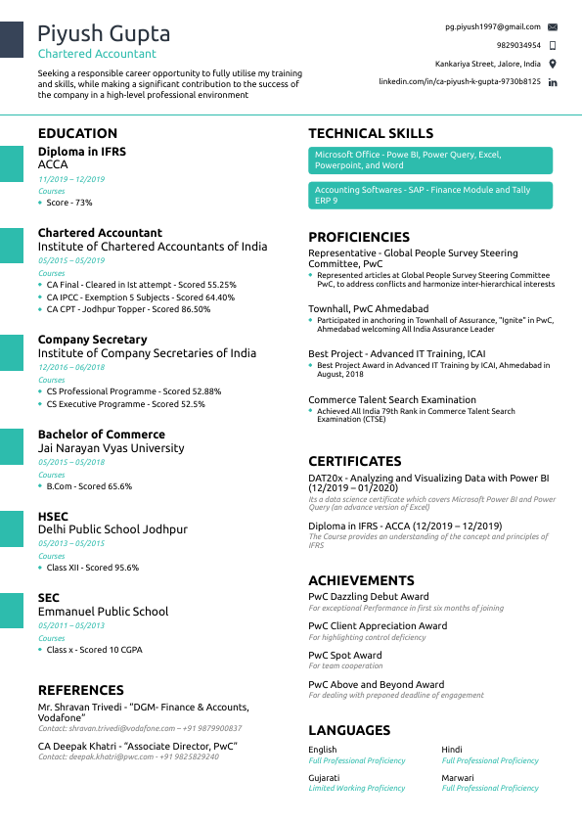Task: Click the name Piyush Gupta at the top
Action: (x=104, y=34)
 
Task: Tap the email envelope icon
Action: (x=553, y=26)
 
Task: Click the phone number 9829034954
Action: (x=517, y=45)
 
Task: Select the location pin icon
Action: (x=553, y=64)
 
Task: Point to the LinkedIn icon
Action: (x=553, y=82)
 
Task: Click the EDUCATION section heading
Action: (x=77, y=133)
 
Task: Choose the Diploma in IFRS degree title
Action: (x=82, y=152)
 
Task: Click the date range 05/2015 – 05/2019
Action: (x=71, y=260)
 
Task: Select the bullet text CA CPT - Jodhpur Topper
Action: (x=128, y=309)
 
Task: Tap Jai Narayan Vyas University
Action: (x=111, y=448)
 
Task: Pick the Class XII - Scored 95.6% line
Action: (x=93, y=568)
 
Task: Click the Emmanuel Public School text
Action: (x=103, y=612)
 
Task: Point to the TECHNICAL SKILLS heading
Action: (x=370, y=133)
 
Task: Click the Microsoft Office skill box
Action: (x=430, y=160)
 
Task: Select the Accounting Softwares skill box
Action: (x=430, y=195)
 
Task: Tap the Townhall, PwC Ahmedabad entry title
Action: (x=368, y=308)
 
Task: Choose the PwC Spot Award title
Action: (x=345, y=656)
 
